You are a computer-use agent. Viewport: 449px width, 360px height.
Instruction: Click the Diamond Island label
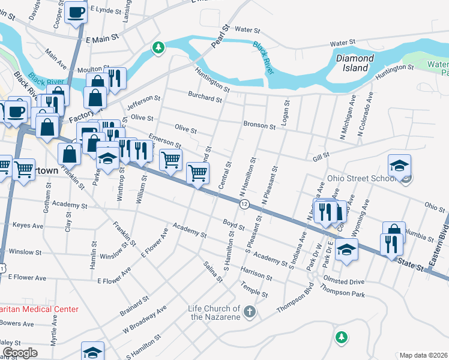click(x=355, y=64)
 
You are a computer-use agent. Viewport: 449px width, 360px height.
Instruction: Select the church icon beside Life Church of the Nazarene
click(x=250, y=311)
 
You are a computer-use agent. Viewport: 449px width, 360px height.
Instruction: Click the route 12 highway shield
click(x=244, y=205)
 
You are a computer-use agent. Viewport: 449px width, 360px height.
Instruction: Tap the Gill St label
click(x=321, y=155)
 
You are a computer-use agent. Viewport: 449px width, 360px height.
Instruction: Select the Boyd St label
click(x=234, y=225)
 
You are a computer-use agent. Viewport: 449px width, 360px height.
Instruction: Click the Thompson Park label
click(x=343, y=294)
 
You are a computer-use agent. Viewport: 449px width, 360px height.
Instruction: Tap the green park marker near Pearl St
click(x=158, y=47)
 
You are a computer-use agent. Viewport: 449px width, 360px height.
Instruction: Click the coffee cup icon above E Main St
click(x=76, y=12)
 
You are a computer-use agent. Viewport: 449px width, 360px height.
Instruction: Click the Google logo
click(x=20, y=352)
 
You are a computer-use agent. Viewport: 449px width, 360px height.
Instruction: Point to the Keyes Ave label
click(x=28, y=226)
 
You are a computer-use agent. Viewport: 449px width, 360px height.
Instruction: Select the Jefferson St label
click(x=144, y=103)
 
